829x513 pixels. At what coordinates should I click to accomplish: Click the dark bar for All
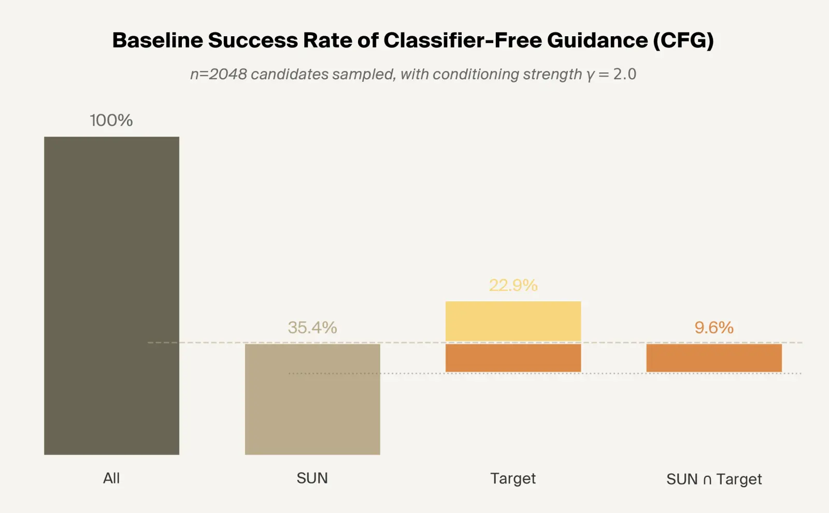[111, 295]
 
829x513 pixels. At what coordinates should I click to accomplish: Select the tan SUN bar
[312, 399]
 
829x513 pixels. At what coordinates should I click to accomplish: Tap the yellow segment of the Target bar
[513, 321]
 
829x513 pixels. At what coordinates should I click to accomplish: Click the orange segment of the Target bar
[513, 358]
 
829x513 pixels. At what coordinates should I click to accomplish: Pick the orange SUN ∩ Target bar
[713, 358]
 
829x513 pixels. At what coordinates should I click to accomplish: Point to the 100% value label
[111, 120]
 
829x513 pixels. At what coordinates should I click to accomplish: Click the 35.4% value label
[312, 327]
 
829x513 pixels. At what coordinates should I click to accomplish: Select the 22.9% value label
[513, 285]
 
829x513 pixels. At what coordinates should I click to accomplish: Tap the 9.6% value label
[713, 327]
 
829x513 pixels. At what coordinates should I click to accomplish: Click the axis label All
[111, 478]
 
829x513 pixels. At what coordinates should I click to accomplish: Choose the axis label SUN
[312, 478]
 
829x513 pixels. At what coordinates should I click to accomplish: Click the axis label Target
[513, 478]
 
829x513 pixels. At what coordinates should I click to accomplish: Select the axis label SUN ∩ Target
[713, 479]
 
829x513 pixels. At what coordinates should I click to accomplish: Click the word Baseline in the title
[158, 40]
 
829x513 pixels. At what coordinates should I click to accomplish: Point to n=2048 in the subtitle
[218, 74]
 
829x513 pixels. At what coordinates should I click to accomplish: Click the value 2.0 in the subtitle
[624, 74]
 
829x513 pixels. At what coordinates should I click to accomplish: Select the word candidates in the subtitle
[290, 74]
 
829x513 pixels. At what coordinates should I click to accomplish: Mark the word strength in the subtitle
[552, 74]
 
